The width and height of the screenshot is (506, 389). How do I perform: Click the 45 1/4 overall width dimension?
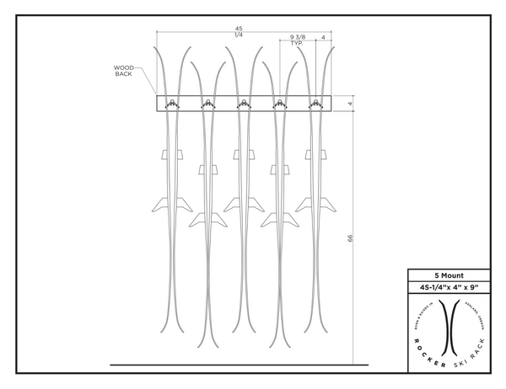tap(239, 31)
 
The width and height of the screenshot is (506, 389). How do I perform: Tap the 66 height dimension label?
tap(350, 239)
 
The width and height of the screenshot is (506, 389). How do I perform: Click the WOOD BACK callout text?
tap(124, 71)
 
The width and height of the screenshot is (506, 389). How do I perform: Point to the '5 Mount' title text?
tap(448, 274)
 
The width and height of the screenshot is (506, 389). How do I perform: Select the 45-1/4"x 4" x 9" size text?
tap(448, 288)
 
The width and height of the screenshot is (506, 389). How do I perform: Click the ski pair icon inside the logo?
tap(448, 325)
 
